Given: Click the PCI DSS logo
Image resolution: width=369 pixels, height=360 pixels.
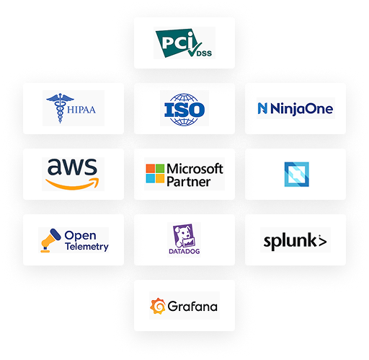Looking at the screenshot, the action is point(184,43).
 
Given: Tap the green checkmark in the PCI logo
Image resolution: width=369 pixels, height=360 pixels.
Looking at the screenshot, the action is point(194,49).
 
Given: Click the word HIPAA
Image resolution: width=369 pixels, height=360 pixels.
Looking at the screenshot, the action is point(81,110).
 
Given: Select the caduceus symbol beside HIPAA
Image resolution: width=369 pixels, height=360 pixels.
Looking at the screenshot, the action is point(60,108).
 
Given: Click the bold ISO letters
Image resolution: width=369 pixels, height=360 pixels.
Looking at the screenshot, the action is point(184,110).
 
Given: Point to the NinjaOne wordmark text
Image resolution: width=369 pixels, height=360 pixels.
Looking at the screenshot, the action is point(301,109).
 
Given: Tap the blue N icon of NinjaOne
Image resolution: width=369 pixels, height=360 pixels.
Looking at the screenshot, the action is point(262,108).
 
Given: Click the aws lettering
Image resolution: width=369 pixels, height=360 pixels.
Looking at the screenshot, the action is point(72,167).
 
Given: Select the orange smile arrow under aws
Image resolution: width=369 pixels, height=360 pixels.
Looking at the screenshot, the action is point(72,184).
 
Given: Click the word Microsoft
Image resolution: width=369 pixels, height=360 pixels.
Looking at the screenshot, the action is point(195,169).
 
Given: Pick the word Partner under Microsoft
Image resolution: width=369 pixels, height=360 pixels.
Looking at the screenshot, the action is point(189,182).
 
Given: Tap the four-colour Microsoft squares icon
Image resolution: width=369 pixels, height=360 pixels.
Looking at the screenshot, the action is point(155,173).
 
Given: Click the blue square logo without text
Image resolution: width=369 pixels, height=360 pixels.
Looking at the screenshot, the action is point(297,175).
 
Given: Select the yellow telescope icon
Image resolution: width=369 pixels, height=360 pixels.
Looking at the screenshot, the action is point(50,240).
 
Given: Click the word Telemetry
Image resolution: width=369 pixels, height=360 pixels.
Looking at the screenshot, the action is point(86,247).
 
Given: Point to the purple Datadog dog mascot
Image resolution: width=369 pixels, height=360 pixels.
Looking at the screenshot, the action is point(184,236).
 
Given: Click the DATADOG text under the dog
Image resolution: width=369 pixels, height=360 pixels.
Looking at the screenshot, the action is point(184,252).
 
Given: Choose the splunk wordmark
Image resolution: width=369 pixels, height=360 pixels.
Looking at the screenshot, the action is point(295,240).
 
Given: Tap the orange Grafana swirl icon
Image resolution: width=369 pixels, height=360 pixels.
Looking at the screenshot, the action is point(158,306).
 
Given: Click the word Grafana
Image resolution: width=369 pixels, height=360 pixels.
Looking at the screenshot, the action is point(192,307).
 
